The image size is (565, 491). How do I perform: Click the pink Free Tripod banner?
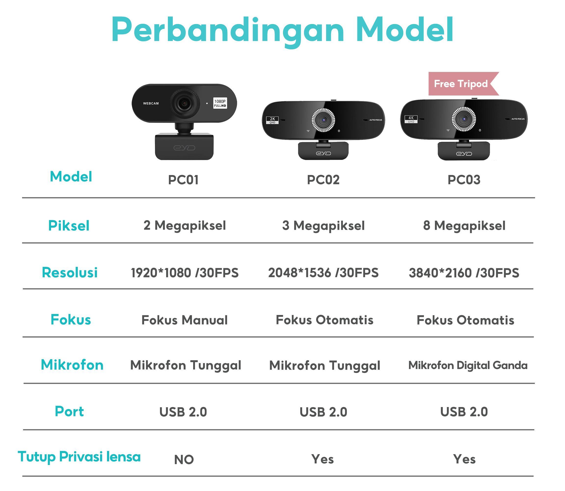click(461, 84)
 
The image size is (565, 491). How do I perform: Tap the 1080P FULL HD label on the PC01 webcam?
click(220, 103)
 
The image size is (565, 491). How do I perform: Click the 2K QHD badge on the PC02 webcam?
click(272, 120)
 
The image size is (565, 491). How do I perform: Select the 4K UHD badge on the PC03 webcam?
click(411, 119)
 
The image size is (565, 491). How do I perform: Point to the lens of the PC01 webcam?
click(184, 103)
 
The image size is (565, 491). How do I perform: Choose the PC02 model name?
click(323, 180)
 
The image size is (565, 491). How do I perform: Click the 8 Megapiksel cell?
click(464, 226)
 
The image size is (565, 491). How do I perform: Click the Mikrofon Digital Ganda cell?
click(468, 365)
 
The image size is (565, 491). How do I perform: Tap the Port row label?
click(69, 411)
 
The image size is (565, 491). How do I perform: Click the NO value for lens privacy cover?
click(184, 460)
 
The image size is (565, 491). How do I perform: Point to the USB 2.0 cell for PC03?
click(464, 412)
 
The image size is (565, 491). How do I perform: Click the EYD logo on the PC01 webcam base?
click(184, 148)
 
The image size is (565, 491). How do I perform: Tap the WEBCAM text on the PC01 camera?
click(151, 104)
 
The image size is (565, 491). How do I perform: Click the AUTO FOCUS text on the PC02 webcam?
click(376, 120)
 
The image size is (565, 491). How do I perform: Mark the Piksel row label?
click(69, 226)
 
